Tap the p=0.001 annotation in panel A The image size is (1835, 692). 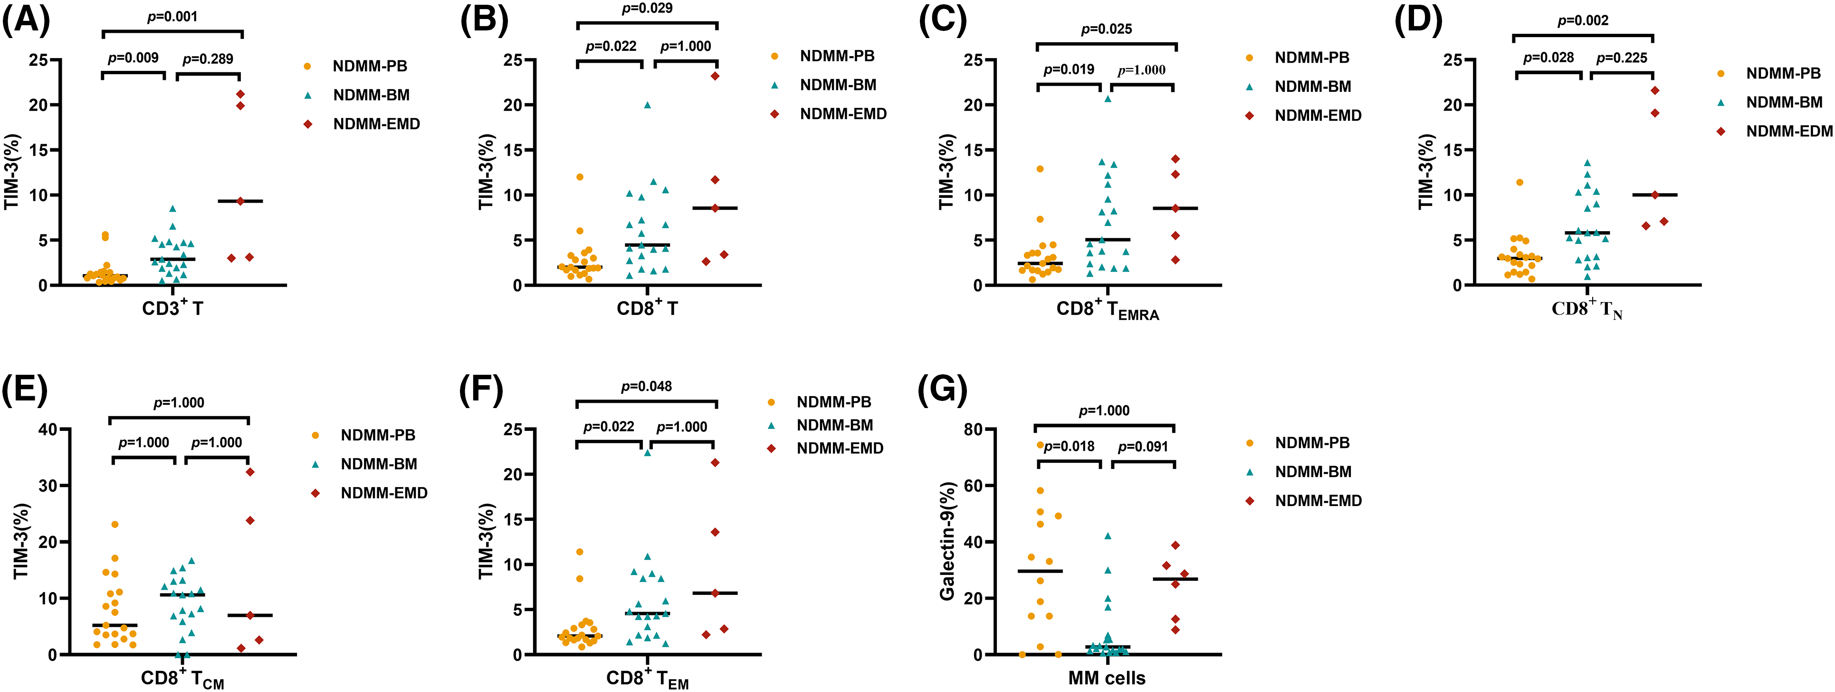pos(172,16)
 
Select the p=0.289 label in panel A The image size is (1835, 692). pos(208,58)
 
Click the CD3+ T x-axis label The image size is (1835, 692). pos(172,308)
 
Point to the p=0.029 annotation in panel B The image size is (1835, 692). pos(647,8)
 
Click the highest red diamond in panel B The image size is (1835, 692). pos(715,76)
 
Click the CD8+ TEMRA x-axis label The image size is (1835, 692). pos(1107,310)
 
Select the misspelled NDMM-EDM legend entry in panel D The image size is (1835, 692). pos(1789,131)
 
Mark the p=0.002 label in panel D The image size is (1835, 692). pos(1583,20)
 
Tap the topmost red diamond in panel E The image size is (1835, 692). pos(250,472)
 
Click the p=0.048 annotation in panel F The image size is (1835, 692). pos(646,386)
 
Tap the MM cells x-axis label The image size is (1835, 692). pos(1106,679)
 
